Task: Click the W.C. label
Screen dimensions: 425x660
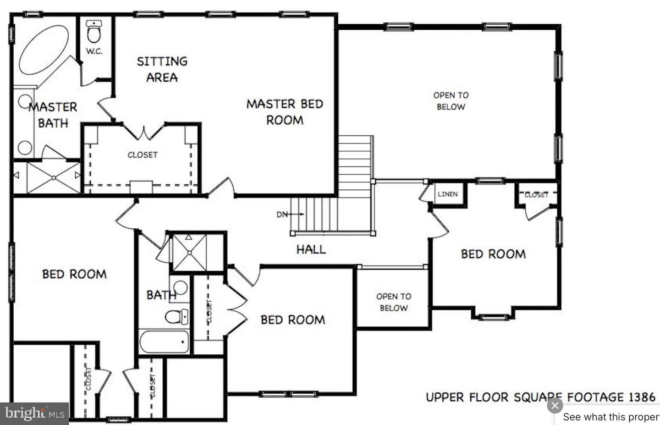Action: click(94, 51)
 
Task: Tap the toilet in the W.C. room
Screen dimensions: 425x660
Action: click(94, 32)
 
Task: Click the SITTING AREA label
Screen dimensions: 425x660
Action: click(162, 69)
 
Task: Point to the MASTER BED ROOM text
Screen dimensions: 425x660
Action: click(285, 112)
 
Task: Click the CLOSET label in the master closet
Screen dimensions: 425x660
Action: click(142, 155)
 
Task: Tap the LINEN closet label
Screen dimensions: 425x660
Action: click(447, 194)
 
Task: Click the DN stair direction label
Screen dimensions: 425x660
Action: click(282, 214)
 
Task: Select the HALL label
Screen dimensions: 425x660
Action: click(311, 249)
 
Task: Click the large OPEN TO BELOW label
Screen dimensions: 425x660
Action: click(451, 101)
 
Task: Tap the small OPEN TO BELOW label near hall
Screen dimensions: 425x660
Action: click(393, 302)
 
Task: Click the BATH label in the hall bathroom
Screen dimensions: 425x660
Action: click(161, 295)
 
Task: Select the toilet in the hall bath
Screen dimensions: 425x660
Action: click(176, 316)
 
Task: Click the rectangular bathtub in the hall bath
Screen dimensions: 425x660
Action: click(164, 342)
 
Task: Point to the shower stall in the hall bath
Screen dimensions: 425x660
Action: click(189, 252)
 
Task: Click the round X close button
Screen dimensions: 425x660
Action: click(555, 406)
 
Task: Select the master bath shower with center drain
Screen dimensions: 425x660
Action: click(54, 177)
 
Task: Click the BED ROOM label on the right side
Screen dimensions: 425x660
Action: click(493, 254)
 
